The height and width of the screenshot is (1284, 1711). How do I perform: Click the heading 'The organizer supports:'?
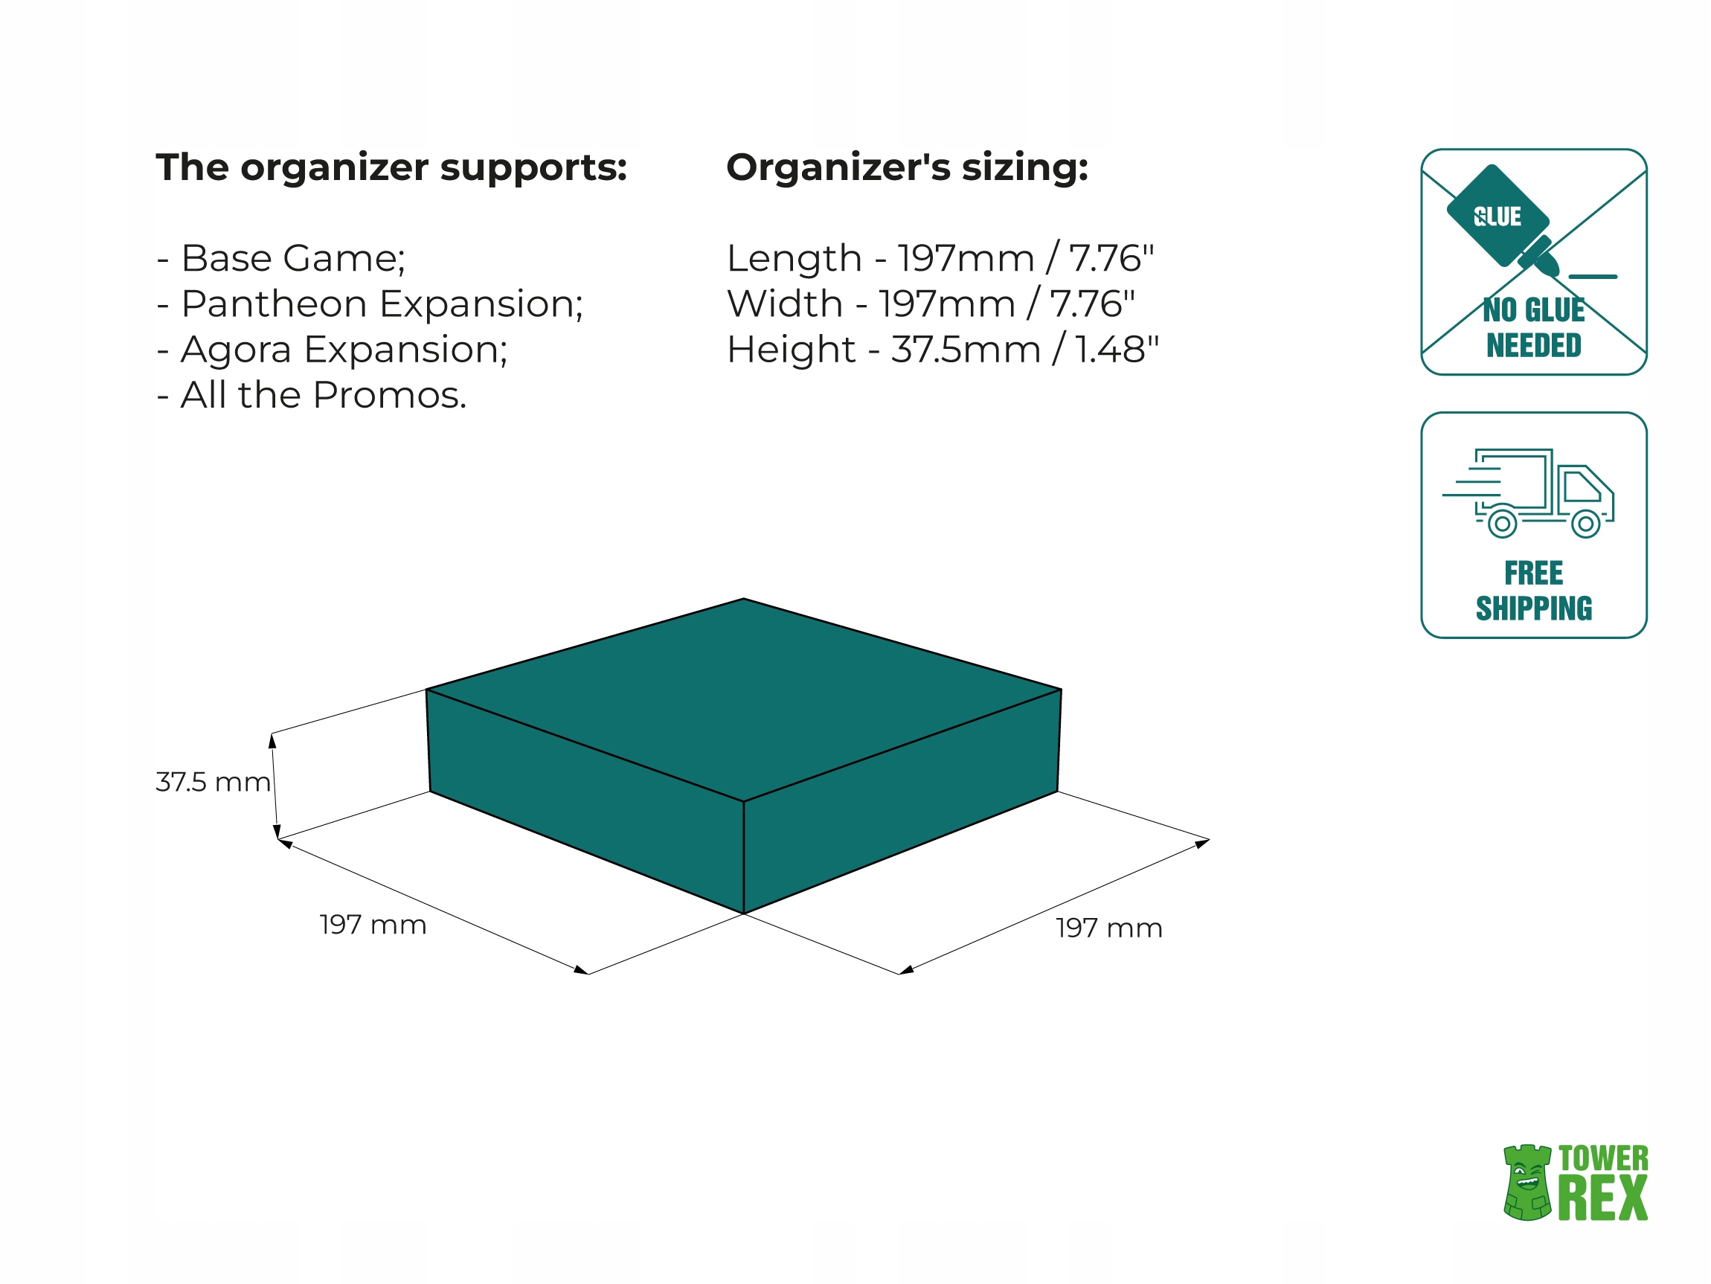391,168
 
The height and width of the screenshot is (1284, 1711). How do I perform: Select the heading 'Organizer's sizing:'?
907,168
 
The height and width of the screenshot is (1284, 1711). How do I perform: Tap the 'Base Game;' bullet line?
281,258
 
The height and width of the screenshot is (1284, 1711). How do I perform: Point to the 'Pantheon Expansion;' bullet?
370,304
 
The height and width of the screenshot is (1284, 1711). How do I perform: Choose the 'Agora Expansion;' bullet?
333,350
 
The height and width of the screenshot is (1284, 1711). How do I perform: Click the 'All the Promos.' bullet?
312,395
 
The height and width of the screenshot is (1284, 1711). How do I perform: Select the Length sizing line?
940,258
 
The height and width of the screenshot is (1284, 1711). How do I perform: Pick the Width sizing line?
931,304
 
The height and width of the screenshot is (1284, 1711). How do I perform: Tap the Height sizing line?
942,350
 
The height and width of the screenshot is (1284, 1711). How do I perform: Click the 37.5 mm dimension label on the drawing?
213,782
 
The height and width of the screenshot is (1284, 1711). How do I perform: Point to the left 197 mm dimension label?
373,925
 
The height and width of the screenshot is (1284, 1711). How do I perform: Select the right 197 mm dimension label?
1108,928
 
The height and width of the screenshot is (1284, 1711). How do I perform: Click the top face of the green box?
742,696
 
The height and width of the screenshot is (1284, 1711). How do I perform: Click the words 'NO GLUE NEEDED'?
1534,328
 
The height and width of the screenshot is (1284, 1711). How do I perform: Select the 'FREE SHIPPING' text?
1534,591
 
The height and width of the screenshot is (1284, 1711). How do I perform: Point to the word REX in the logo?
1602,1199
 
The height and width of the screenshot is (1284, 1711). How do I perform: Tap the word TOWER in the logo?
1602,1159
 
